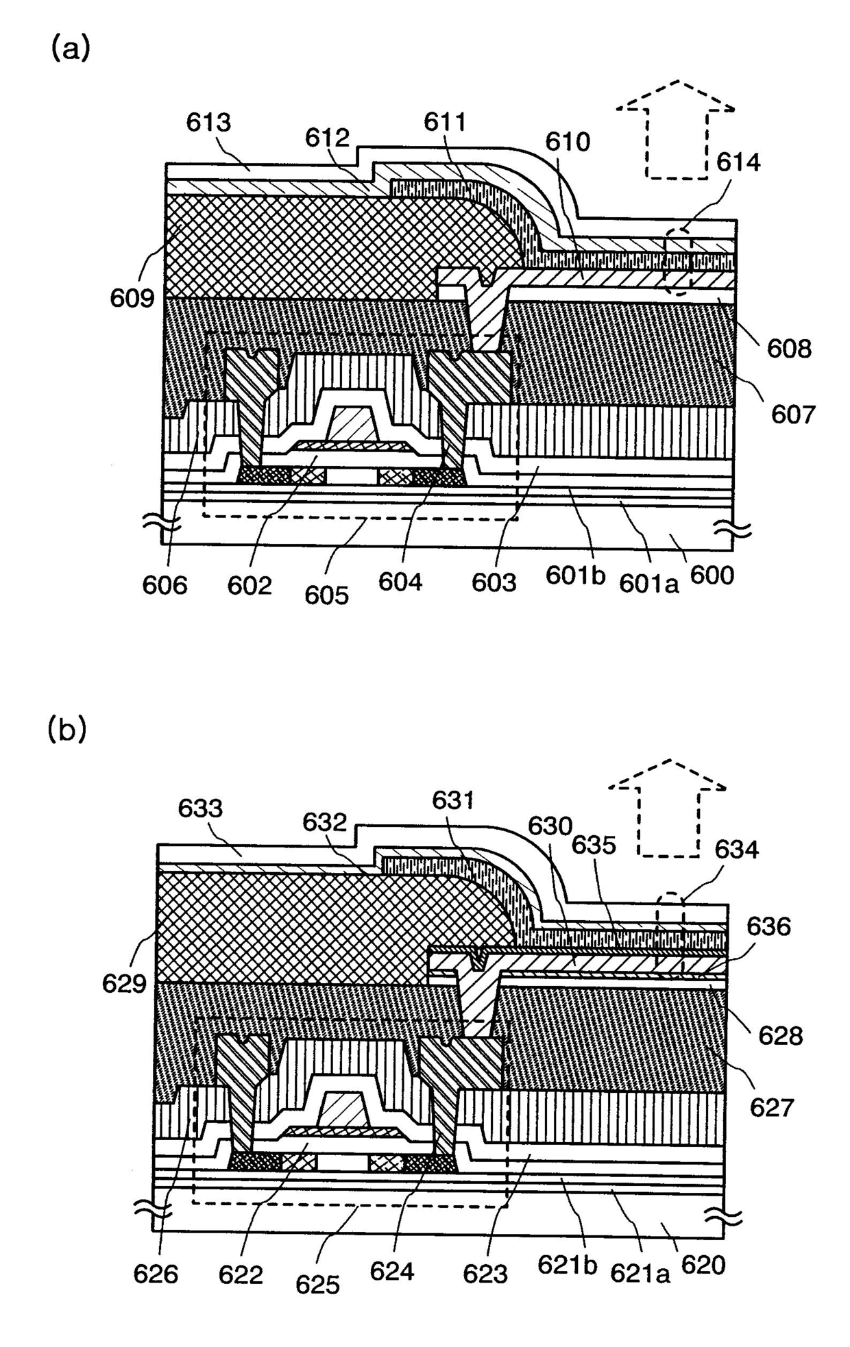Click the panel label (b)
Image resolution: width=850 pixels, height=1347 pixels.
pos(67,729)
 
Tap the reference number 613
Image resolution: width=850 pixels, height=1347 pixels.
pos(208,123)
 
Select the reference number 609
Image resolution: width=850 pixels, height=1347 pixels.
pos(132,298)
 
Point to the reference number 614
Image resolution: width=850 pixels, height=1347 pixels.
pos(738,162)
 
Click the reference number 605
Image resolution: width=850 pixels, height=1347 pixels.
pos(327,594)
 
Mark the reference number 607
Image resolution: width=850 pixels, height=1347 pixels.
pos(793,414)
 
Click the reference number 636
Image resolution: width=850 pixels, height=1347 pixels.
pos(768,926)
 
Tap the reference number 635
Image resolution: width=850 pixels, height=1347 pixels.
pos(594,845)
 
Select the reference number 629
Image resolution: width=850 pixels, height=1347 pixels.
pos(125,984)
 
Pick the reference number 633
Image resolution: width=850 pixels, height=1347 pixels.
pos(200,808)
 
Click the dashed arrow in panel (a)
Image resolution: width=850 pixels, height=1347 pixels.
pos(675,130)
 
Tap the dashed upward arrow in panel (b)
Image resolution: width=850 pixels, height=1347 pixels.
pos(668,808)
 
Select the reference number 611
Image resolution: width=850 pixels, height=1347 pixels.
pos(445,122)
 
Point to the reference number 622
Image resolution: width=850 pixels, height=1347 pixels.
pos(241,1274)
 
